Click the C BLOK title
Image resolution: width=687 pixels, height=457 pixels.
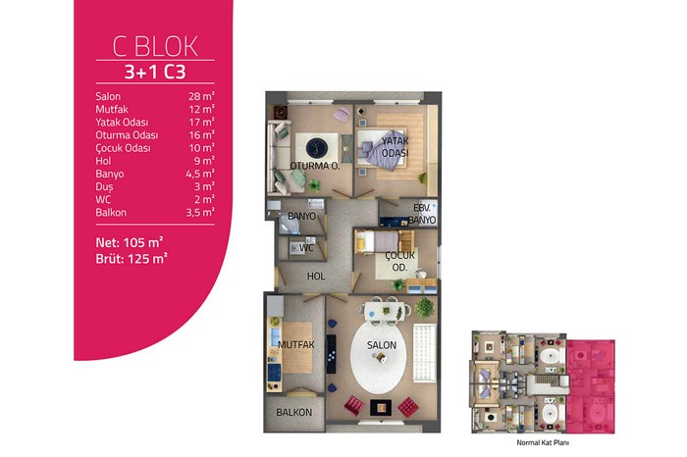(155, 46)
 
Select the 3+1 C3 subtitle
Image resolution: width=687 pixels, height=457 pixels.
(155, 72)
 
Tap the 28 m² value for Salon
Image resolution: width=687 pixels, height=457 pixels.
(201, 96)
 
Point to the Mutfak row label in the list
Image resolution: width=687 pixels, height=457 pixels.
(112, 109)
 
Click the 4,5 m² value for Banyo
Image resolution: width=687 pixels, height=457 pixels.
(200, 174)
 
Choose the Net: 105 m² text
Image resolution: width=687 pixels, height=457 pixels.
(130, 242)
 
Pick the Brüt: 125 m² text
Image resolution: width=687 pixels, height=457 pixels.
(132, 258)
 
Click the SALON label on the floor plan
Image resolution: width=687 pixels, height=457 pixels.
(382, 345)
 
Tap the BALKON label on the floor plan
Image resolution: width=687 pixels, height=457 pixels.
(294, 412)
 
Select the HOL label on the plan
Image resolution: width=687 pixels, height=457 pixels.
(316, 277)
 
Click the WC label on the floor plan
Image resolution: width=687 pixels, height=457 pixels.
(306, 248)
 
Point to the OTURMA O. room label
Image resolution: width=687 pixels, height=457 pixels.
(315, 166)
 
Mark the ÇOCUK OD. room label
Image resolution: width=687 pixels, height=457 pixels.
(399, 261)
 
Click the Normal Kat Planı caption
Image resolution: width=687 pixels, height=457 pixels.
(543, 442)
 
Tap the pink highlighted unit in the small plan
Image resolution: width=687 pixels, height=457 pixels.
(591, 387)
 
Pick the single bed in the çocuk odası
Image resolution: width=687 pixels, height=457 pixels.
(380, 241)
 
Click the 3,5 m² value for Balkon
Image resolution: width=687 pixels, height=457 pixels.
(200, 212)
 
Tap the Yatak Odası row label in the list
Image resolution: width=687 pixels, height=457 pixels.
(122, 123)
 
